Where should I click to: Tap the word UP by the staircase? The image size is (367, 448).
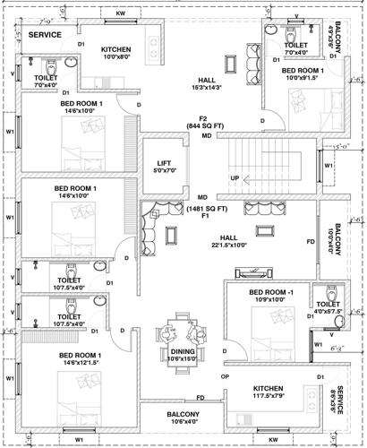[235, 177]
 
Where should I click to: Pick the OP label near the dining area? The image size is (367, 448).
[226, 376]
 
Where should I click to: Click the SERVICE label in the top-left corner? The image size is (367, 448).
[44, 34]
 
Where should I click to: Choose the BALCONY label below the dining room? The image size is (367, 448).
[183, 415]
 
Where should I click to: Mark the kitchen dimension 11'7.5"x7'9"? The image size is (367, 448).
[269, 394]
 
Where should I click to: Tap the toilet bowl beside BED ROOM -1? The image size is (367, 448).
[333, 291]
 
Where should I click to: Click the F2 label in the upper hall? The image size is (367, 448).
[204, 117]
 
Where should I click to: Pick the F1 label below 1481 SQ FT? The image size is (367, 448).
[204, 217]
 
